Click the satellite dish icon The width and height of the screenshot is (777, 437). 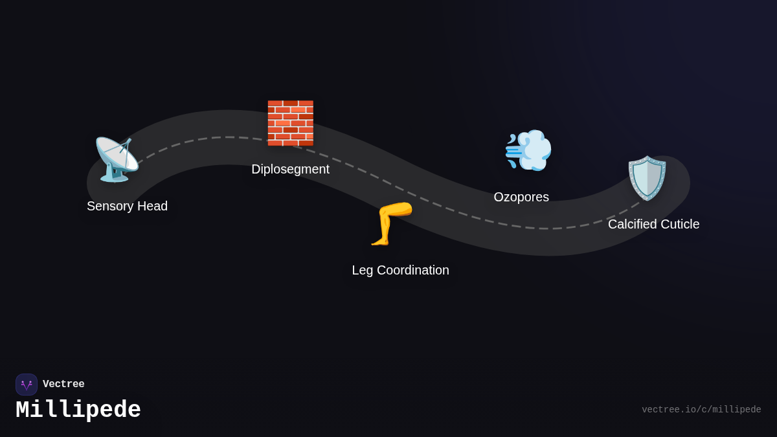tap(116, 159)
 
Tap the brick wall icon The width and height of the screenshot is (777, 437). tap(290, 123)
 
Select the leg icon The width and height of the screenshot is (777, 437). tap(391, 223)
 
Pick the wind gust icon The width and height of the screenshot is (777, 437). tap(528, 150)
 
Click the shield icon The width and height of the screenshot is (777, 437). tap(647, 178)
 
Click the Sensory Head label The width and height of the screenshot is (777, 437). tap(127, 206)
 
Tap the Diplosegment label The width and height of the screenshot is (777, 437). tap(290, 169)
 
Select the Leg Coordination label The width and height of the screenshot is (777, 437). tap(400, 270)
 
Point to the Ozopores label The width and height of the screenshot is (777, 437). tap(521, 197)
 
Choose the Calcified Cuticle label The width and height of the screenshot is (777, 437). tap(653, 224)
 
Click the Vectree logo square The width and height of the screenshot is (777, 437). tap(27, 385)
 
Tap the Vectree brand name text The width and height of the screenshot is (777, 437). tap(63, 385)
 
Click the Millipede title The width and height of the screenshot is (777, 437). tap(78, 410)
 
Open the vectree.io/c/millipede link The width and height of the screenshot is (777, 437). tap(701, 410)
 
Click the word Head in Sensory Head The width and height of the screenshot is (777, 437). tap(152, 206)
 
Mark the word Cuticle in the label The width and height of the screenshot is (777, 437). tap(679, 224)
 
